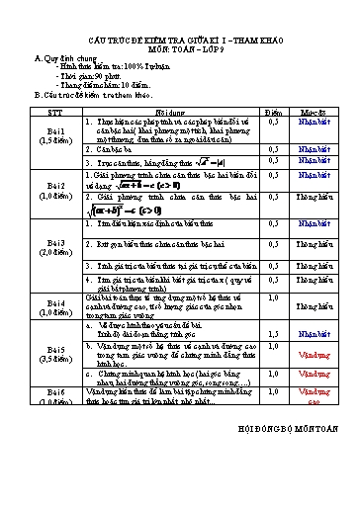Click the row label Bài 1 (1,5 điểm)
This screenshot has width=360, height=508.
pyautogui.click(x=56, y=136)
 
